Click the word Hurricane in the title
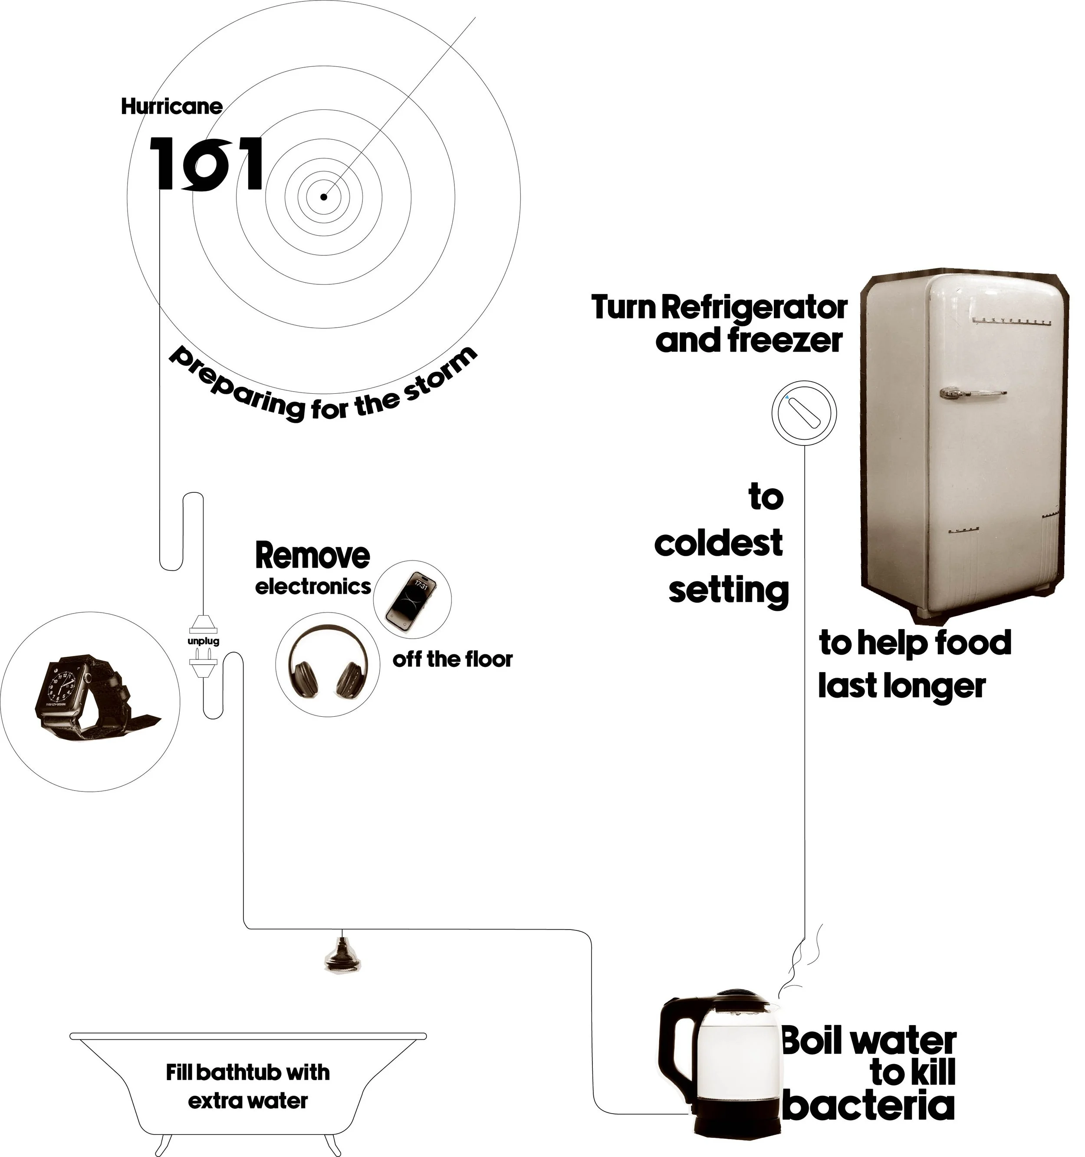tap(171, 106)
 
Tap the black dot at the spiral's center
tap(323, 197)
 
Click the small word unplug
tap(203, 641)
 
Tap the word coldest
tap(718, 544)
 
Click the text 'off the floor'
tap(453, 659)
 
